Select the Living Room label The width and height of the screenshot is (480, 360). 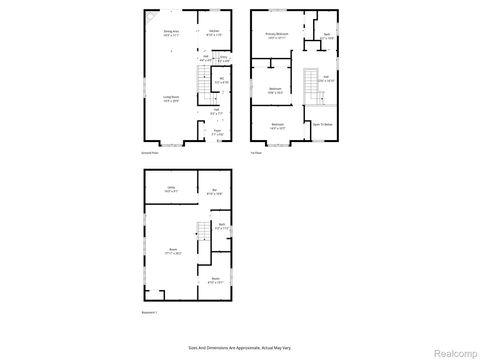pos(172,98)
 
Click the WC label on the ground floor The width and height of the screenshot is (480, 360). pos(221,79)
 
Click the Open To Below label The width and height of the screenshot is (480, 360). pos(323,124)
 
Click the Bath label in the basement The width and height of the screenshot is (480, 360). pos(222,225)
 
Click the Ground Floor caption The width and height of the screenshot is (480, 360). pos(151,152)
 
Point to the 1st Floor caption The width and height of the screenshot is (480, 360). pos(257,152)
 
